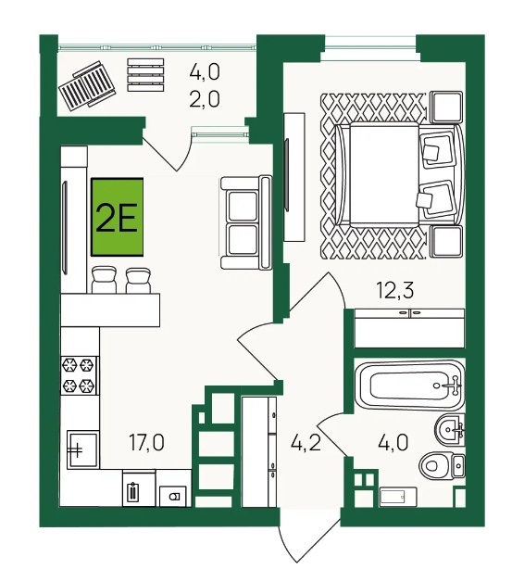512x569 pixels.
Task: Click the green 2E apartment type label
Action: [x=118, y=217]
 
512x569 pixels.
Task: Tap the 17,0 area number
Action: [x=147, y=443]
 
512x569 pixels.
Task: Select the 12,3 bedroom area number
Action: [x=395, y=290]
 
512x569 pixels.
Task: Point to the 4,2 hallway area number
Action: [x=306, y=442]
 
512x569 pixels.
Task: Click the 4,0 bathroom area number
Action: [x=393, y=442]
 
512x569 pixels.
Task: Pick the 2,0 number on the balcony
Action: [x=205, y=99]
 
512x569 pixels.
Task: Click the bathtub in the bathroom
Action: [x=410, y=386]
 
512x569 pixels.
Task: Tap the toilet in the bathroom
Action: [x=442, y=465]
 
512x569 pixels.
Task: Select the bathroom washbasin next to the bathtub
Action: [x=450, y=430]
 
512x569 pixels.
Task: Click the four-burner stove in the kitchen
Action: [x=80, y=375]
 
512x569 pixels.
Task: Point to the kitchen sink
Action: [x=82, y=449]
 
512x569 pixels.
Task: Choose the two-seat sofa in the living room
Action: [x=246, y=222]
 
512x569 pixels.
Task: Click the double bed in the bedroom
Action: [x=399, y=174]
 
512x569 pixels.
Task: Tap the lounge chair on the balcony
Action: [x=87, y=83]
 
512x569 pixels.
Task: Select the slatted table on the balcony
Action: [x=145, y=75]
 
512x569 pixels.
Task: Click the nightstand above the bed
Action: [x=446, y=107]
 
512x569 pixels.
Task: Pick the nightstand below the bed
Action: [x=446, y=241]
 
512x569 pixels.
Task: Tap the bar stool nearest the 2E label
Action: [x=104, y=280]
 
